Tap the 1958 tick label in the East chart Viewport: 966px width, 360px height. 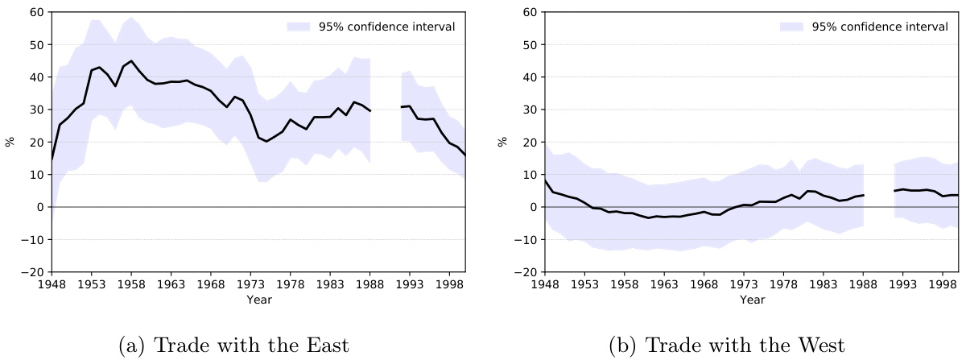tap(130, 284)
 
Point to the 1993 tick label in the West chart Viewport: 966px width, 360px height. tap(903, 284)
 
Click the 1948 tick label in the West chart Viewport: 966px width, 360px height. tap(544, 284)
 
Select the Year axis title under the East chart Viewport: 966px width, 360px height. tap(258, 300)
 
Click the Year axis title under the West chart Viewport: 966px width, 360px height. tap(751, 300)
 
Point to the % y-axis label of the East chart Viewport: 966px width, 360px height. tap(10, 142)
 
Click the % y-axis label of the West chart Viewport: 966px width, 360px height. tap(503, 142)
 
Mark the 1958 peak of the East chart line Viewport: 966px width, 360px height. tap(131, 60)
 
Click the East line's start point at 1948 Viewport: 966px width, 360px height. tap(52, 159)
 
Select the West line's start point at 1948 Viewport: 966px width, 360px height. tap(545, 180)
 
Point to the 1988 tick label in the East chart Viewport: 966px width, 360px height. tap(369, 284)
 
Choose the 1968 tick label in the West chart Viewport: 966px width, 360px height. tap(704, 284)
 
